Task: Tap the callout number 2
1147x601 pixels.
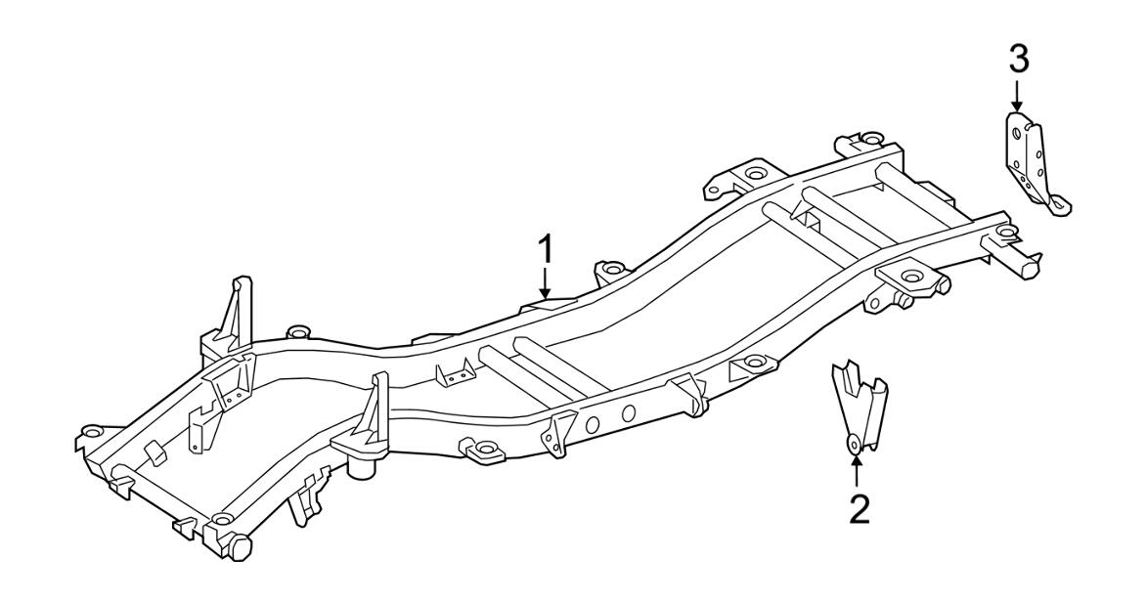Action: (x=858, y=509)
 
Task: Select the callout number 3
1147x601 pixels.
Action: (x=1018, y=60)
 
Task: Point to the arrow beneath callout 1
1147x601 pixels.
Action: (x=547, y=284)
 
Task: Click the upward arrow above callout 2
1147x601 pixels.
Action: (x=857, y=471)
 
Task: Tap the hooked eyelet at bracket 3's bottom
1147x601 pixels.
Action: (x=1059, y=203)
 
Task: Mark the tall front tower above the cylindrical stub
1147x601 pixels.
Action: (x=373, y=411)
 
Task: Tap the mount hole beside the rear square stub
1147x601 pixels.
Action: (x=1003, y=233)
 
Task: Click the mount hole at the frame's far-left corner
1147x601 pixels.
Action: (x=91, y=431)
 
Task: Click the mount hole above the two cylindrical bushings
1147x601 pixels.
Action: (x=911, y=277)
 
